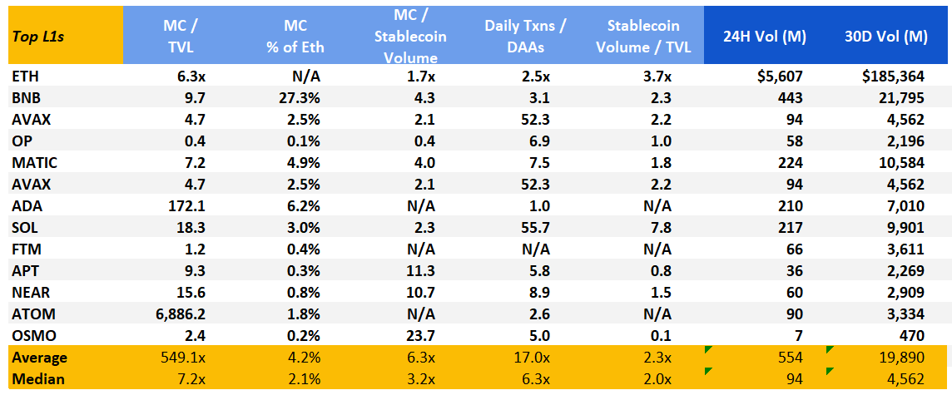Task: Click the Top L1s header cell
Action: point(39,36)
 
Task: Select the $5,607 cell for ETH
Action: point(779,76)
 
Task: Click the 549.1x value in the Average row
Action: point(176,357)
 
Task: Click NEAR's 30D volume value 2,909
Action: point(905,292)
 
